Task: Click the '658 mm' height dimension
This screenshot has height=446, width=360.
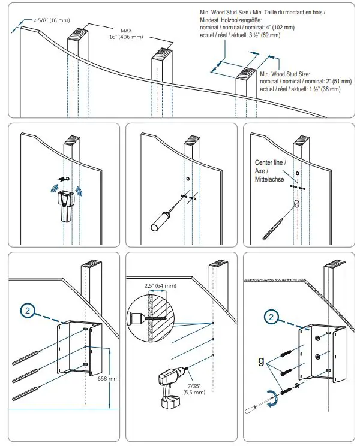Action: (x=108, y=379)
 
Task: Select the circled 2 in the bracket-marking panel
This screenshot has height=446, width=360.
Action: (x=30, y=311)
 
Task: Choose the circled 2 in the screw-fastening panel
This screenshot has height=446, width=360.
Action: (x=272, y=317)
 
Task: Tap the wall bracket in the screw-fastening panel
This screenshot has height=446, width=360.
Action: (x=322, y=354)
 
